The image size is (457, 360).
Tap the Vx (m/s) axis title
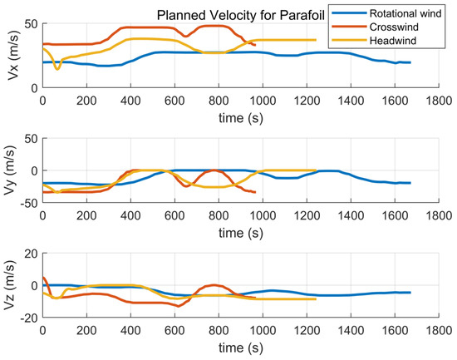(x=11, y=55)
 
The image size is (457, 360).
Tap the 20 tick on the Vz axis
(x=32, y=254)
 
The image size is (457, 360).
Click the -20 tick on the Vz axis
(x=28, y=318)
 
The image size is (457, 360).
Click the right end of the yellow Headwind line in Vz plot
(x=316, y=298)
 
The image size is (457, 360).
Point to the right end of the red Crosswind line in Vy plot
(x=255, y=192)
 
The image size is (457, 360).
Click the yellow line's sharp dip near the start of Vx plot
(x=57, y=68)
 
